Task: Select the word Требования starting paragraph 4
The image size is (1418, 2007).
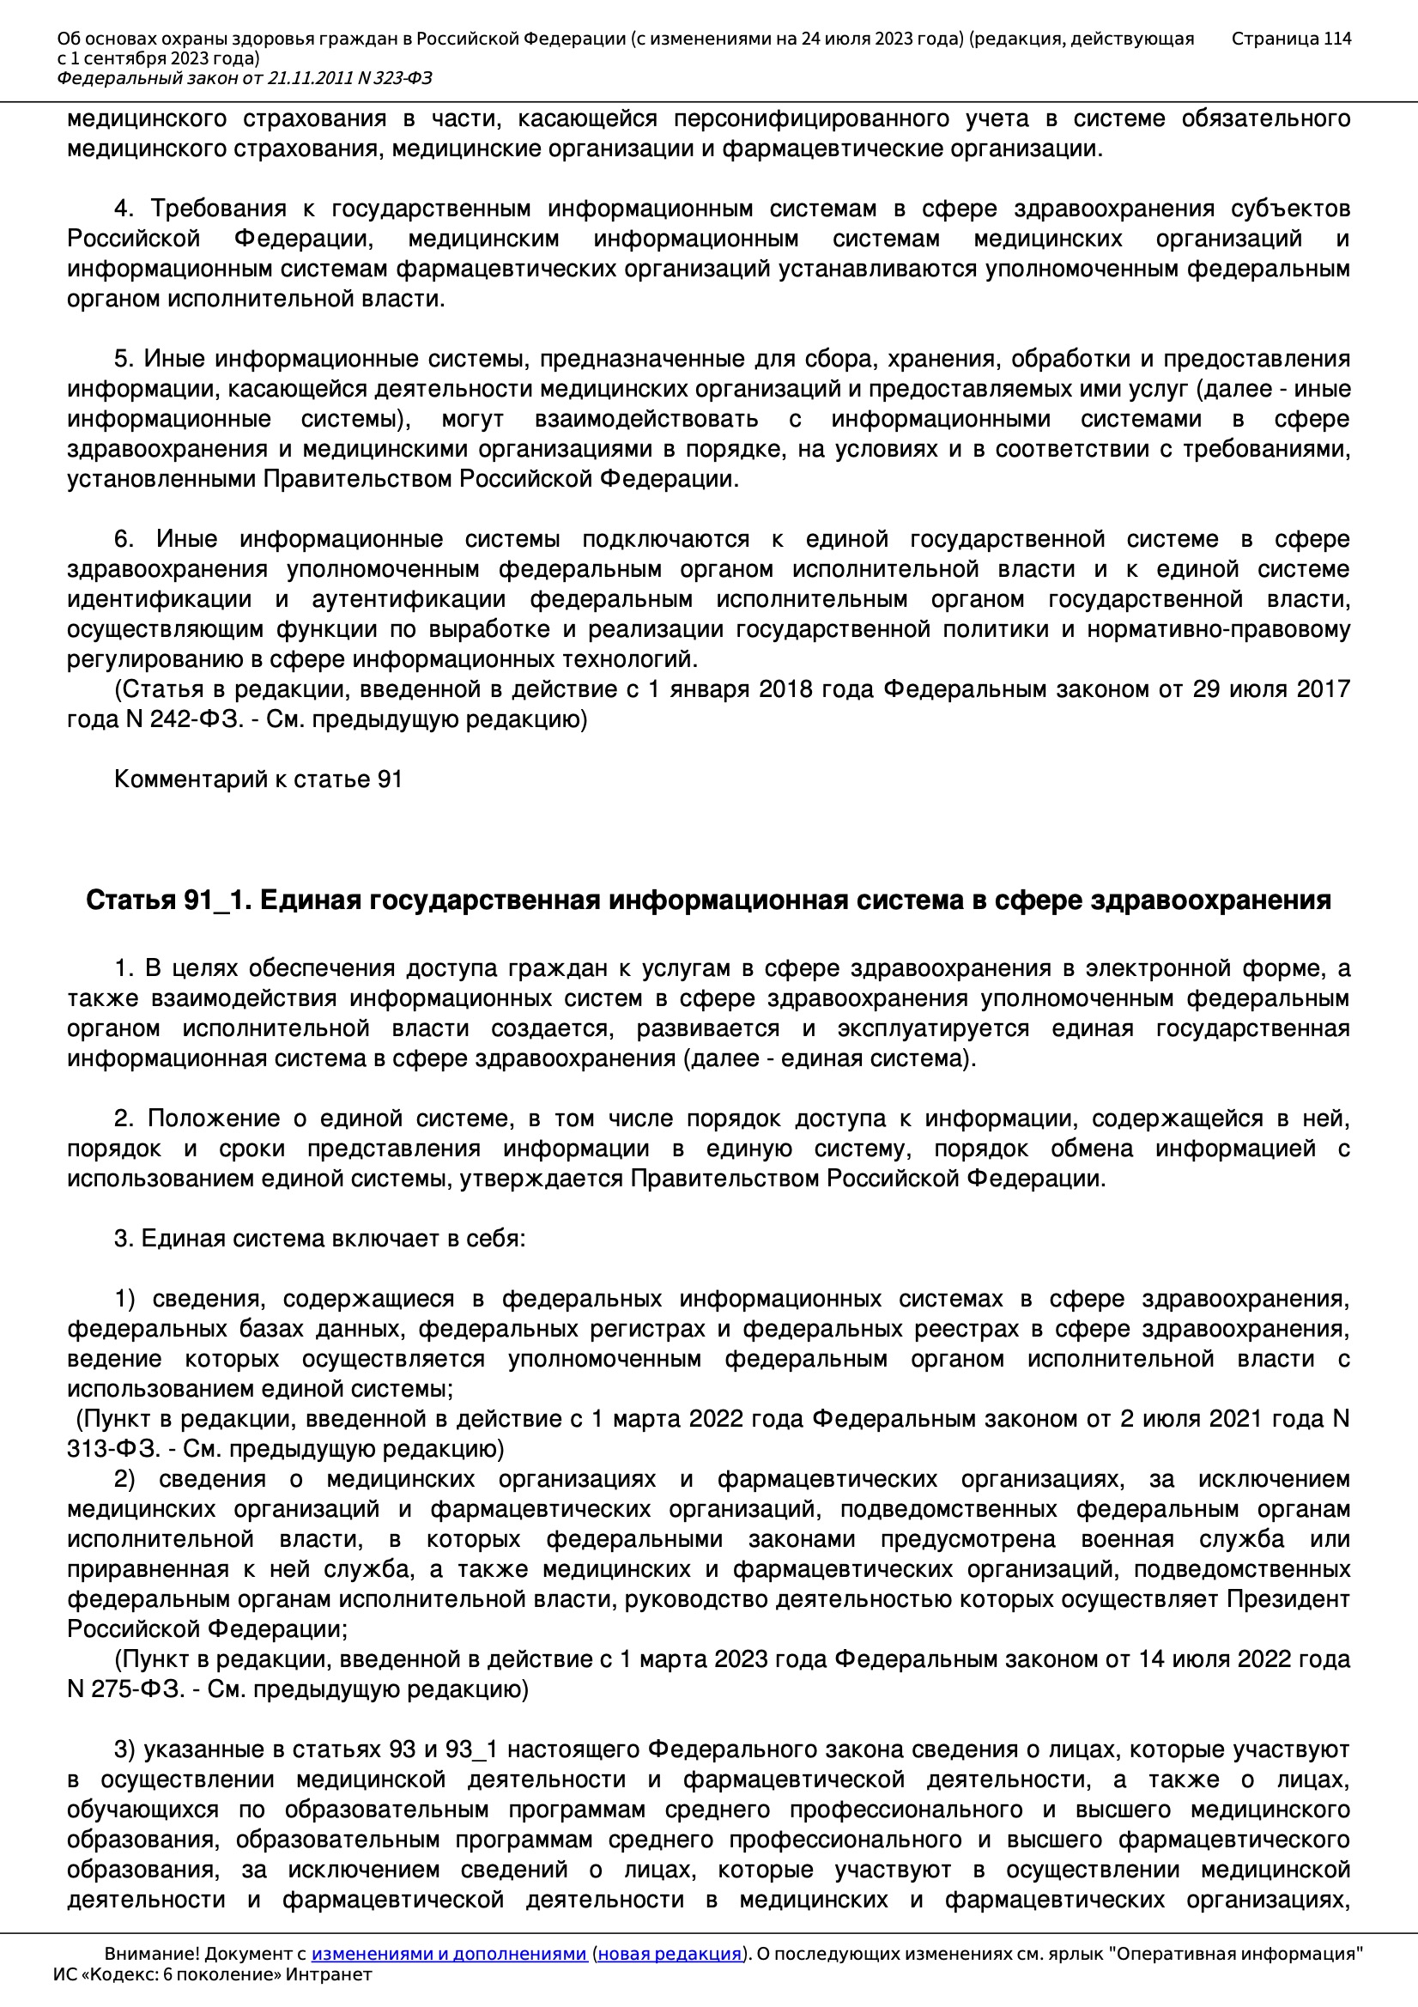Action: pyautogui.click(x=219, y=209)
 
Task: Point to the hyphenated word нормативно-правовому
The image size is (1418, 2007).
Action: pyautogui.click(x=1219, y=629)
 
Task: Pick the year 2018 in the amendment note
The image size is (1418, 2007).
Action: pyautogui.click(x=787, y=689)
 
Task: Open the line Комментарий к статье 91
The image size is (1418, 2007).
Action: pyautogui.click(x=258, y=779)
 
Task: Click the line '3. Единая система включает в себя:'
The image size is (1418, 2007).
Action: pyautogui.click(x=320, y=1239)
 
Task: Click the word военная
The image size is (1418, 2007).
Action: pyautogui.click(x=1127, y=1539)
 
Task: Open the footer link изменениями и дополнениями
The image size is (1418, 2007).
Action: pyautogui.click(x=448, y=1954)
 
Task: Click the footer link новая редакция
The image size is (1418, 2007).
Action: pyautogui.click(x=669, y=1954)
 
